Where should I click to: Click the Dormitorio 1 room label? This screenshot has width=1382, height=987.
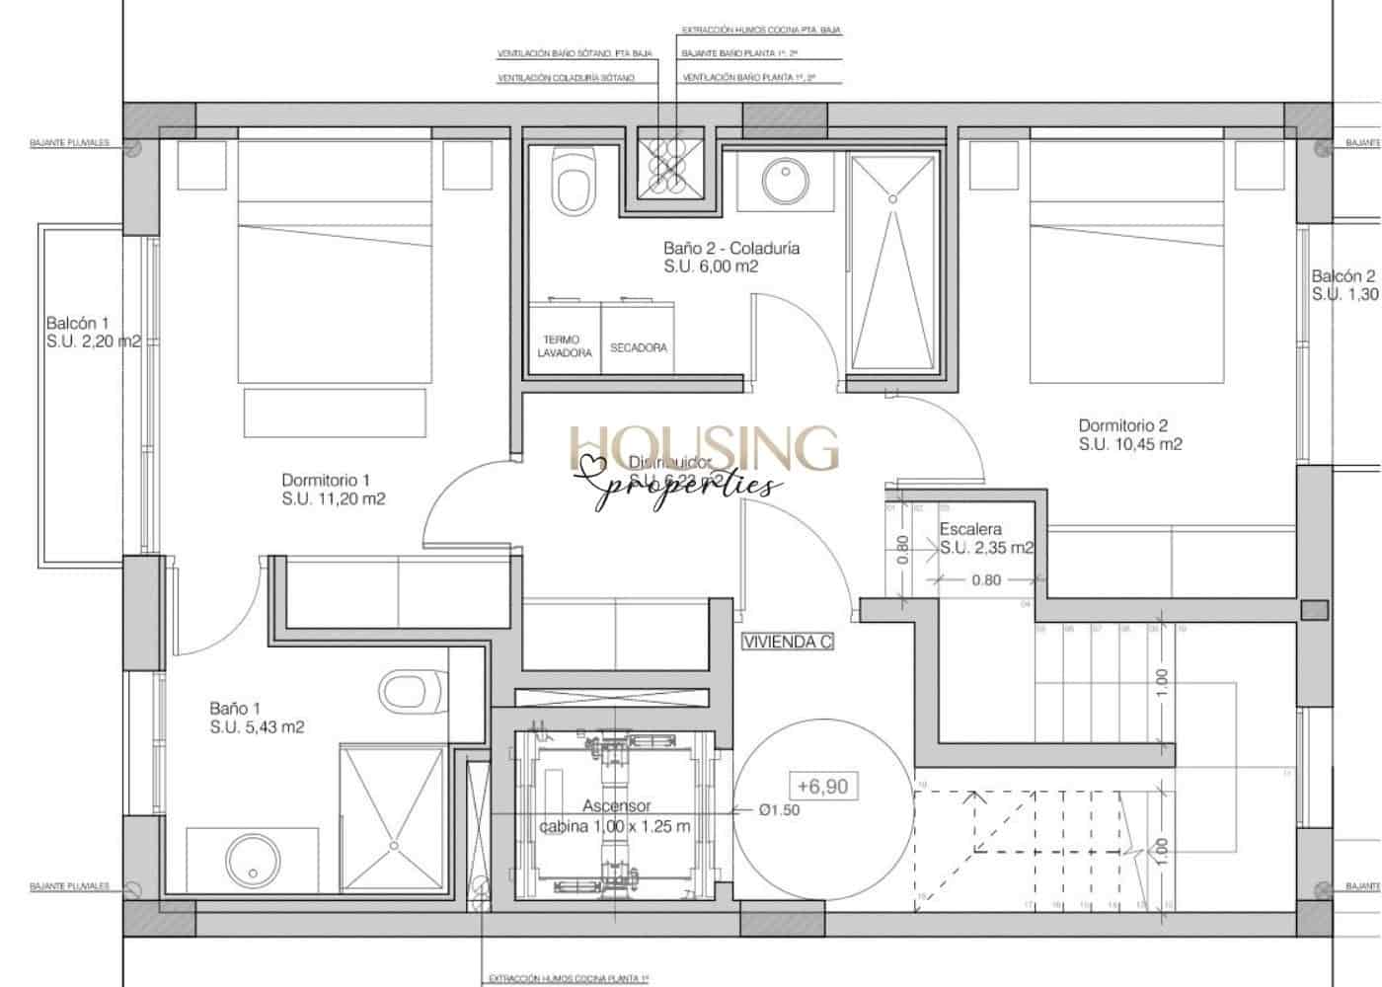tap(326, 481)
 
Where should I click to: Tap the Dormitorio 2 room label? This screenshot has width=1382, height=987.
tap(1122, 426)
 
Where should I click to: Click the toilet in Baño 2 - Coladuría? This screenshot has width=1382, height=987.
tap(574, 182)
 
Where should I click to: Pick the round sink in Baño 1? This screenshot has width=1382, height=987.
tap(251, 858)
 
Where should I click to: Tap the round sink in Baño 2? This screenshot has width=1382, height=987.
tap(786, 180)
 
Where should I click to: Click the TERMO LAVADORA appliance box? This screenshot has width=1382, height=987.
tap(565, 346)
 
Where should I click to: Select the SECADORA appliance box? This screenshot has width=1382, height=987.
tap(638, 347)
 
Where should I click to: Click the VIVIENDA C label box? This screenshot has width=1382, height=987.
tap(788, 642)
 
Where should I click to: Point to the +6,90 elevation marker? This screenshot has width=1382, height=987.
tap(822, 787)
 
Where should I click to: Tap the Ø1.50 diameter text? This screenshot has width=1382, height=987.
tap(779, 810)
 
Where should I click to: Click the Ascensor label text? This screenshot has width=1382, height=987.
tap(616, 806)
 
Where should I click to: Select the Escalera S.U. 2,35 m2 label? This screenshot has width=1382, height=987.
tap(985, 539)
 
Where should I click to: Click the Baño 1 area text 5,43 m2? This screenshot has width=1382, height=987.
tap(257, 727)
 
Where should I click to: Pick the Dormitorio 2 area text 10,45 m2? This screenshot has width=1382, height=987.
tap(1129, 445)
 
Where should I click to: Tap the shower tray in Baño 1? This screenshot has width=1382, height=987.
tap(393, 818)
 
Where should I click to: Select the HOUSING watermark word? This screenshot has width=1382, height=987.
tap(704, 449)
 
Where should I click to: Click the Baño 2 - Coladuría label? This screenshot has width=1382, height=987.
tap(730, 249)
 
